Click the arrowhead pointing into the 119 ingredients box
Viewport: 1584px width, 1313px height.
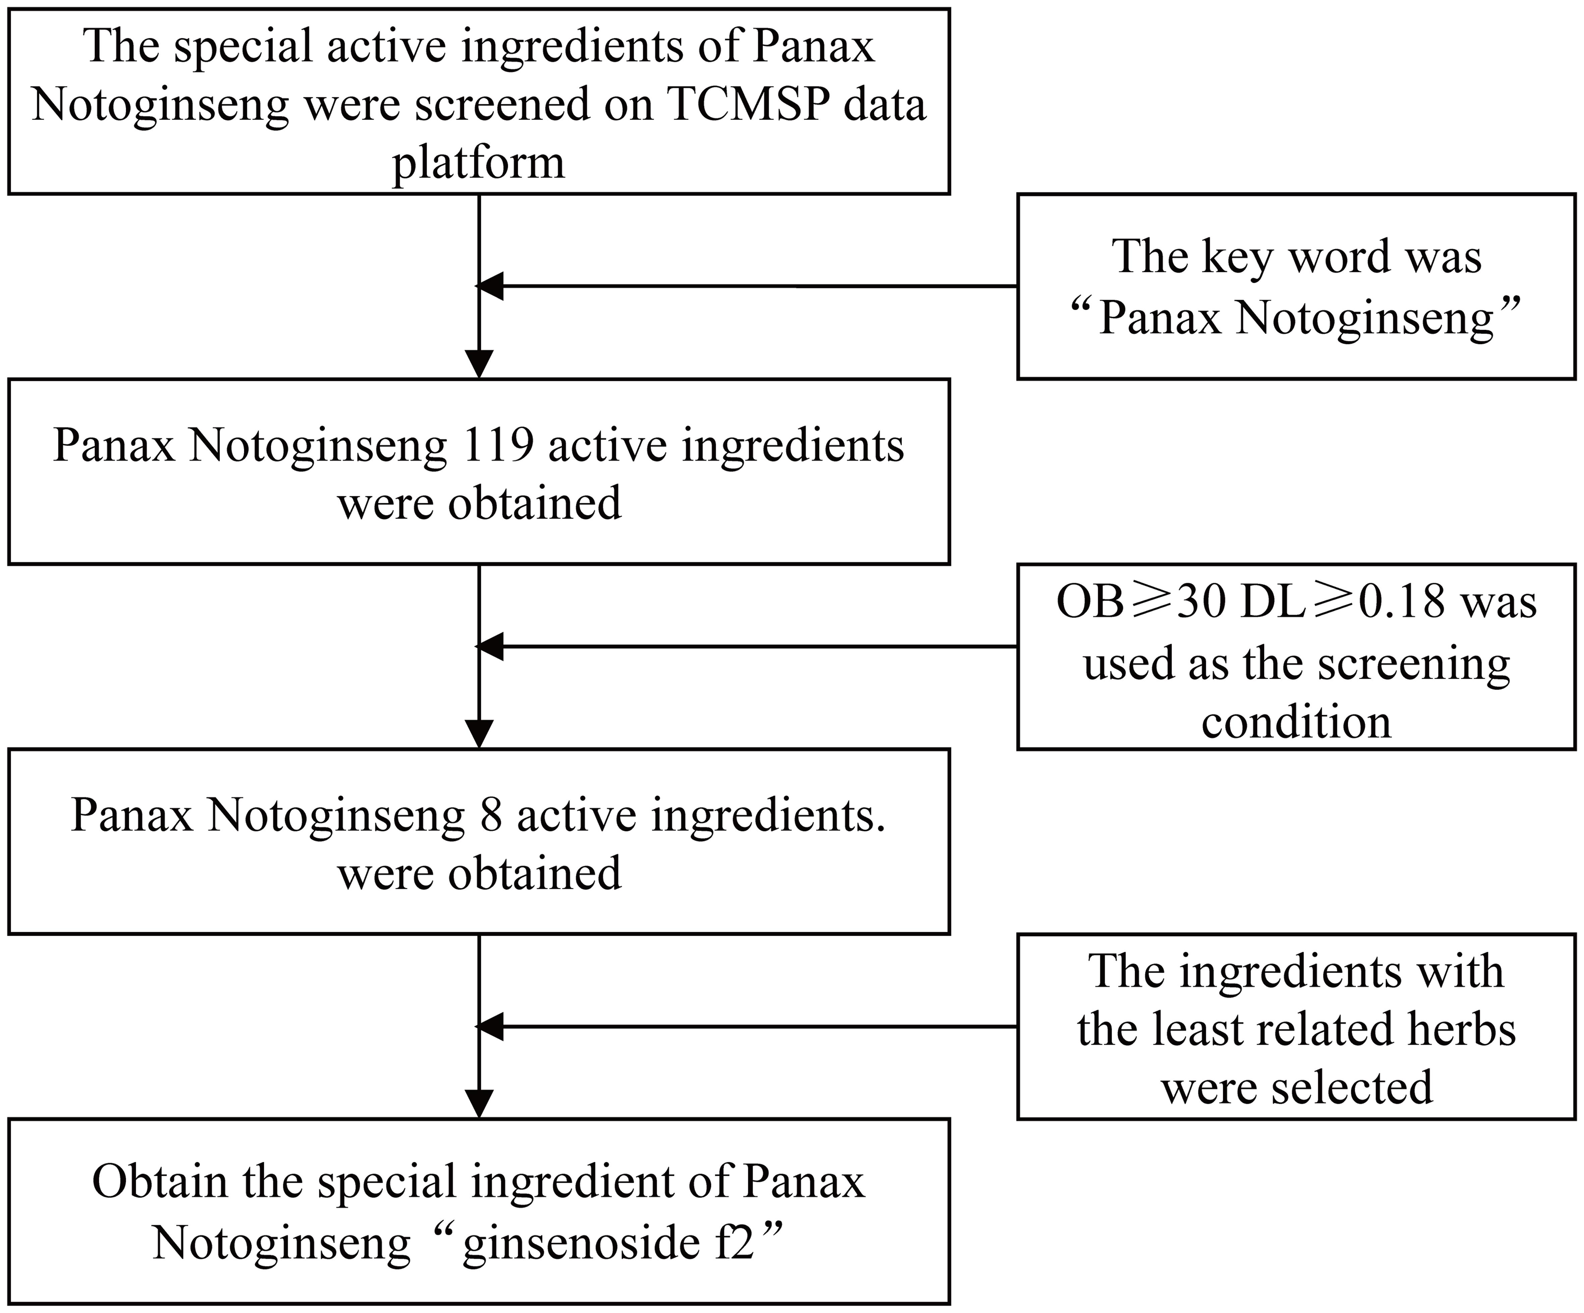[480, 363]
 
